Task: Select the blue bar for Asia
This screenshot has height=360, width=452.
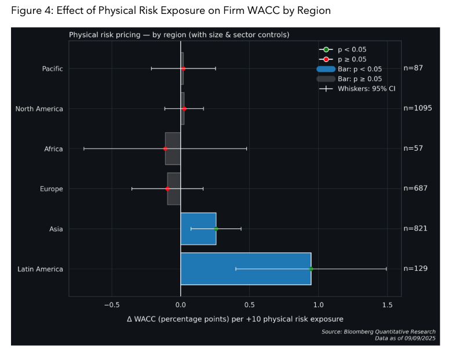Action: click(198, 229)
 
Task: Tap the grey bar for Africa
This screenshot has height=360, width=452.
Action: click(173, 149)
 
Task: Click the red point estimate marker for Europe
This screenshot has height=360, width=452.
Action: click(167, 189)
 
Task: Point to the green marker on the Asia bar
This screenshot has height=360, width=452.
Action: click(216, 229)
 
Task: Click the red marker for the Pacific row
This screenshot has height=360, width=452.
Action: click(183, 69)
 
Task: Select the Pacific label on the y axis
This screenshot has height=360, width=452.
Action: click(52, 69)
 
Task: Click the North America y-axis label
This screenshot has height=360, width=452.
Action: click(39, 109)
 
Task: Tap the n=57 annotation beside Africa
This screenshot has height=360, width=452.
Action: click(413, 149)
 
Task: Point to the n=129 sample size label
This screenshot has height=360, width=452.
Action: click(415, 269)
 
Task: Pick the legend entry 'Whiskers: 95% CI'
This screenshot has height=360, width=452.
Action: click(355, 89)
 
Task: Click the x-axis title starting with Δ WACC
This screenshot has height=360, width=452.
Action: click(235, 319)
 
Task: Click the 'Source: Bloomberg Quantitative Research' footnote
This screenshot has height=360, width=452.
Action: click(378, 332)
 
